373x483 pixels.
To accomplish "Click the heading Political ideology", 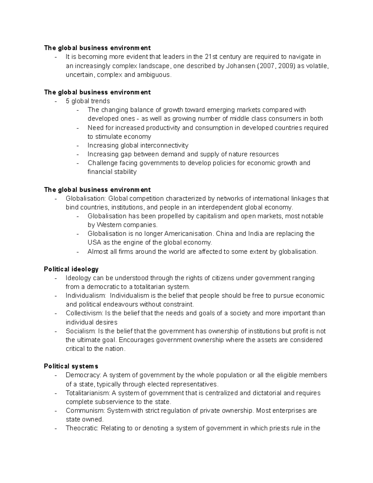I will click(71, 269).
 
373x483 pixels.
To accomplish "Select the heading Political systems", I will click(71, 366).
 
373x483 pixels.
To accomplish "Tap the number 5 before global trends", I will click(67, 101).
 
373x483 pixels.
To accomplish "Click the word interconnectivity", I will click(164, 146).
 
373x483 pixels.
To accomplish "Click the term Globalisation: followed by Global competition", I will click(86, 198).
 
